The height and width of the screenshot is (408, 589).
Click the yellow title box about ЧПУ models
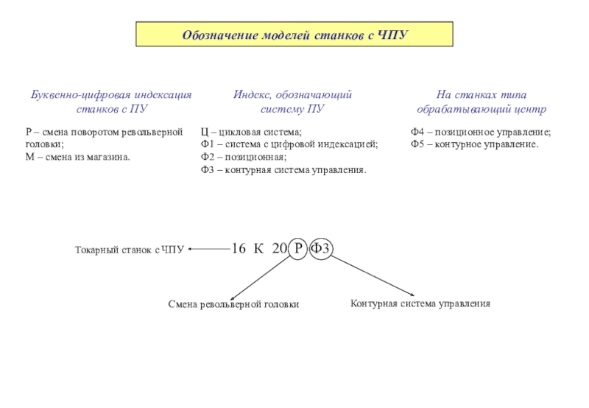point(294,35)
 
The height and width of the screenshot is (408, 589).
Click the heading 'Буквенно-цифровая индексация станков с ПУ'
point(110,102)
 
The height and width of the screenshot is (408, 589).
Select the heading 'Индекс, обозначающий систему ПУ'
point(293,102)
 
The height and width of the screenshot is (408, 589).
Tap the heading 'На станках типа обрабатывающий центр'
point(481,102)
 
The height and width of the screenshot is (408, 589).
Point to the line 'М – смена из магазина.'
point(77,157)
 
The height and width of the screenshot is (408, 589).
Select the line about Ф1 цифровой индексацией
point(289,144)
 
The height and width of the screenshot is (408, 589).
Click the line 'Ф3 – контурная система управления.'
point(283,170)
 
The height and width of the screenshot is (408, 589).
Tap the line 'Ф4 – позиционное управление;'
point(480,132)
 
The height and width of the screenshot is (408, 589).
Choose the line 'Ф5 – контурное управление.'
point(474,144)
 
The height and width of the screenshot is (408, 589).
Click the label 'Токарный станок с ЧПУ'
point(130,250)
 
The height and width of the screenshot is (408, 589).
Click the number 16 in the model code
point(239,249)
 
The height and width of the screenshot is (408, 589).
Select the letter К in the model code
point(258,249)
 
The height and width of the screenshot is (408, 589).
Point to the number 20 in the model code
point(279,249)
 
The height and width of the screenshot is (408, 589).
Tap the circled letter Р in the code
point(298,249)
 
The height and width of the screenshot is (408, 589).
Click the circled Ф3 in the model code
point(320,249)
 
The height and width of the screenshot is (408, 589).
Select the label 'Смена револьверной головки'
point(233,304)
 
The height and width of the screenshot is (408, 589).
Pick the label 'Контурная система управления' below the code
point(420,303)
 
